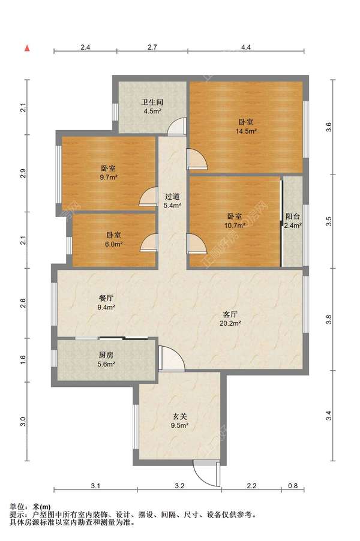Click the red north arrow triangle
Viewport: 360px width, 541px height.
28,47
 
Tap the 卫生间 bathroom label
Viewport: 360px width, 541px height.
152,102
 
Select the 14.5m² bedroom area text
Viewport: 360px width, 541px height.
246,131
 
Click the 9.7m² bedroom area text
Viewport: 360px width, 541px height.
109,177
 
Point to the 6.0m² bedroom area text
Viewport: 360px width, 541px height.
114,244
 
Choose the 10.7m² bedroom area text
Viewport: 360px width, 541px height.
234,226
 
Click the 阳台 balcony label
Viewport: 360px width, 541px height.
293,217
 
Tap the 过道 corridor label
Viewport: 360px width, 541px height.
173,196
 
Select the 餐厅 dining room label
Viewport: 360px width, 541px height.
106,297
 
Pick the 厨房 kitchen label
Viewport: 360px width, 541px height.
106,354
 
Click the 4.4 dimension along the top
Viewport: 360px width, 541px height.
246,47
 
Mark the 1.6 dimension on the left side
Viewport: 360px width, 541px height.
23,360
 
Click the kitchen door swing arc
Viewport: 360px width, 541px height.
170,358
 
